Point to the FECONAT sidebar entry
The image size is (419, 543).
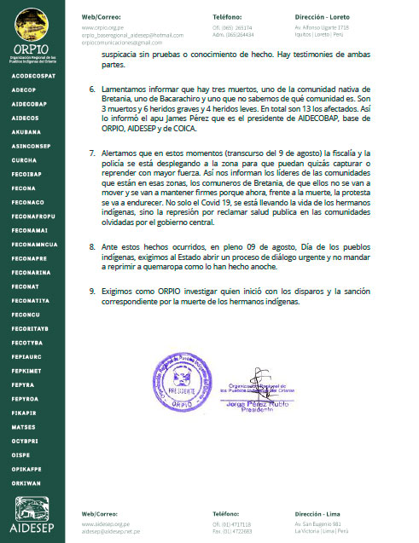click(26, 287)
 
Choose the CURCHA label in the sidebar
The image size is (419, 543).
click(24, 160)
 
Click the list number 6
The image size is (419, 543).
click(93, 89)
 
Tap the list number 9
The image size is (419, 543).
click(93, 291)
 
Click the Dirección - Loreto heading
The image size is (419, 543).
click(323, 16)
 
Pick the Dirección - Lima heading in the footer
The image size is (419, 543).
click(319, 515)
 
